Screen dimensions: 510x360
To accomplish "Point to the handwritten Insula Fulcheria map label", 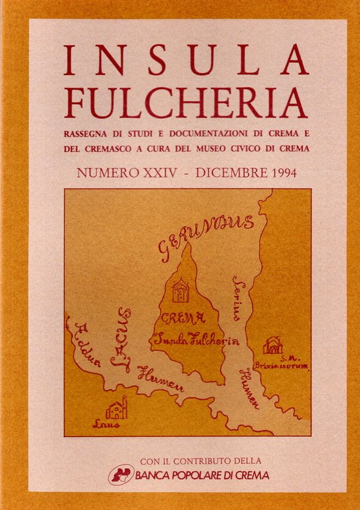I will click(x=196, y=339).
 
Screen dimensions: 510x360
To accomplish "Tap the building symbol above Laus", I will click(x=116, y=408).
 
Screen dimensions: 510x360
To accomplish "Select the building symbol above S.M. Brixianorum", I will click(x=272, y=345).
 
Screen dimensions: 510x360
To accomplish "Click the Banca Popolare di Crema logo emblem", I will click(x=121, y=474).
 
